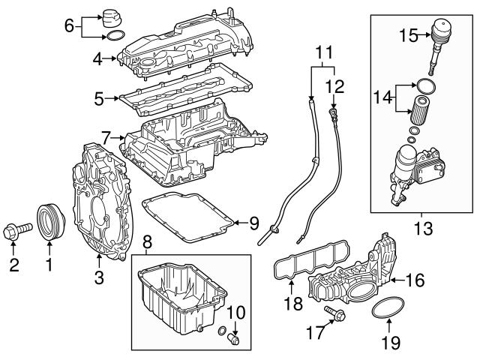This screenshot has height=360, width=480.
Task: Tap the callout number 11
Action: coord(322,52)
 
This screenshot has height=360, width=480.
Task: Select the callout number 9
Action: coord(253,223)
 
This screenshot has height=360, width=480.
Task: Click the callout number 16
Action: coord(415,280)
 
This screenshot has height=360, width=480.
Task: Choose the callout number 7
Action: coord(106,136)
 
